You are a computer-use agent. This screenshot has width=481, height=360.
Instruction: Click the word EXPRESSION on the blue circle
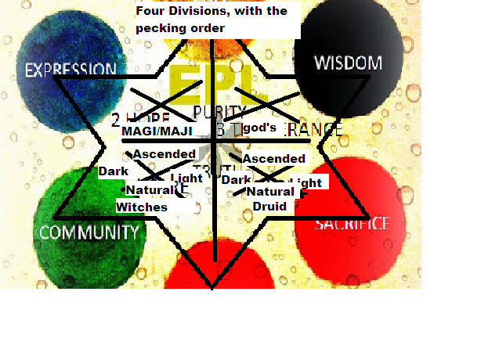[71, 70]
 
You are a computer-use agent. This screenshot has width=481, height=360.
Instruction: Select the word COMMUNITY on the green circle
[89, 232]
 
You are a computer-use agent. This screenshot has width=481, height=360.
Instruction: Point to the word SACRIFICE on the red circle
[352, 225]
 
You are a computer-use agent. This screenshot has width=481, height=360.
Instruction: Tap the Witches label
[142, 207]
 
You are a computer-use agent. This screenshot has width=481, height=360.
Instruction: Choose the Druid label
[269, 207]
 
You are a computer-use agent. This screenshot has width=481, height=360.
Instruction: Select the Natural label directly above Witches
[149, 190]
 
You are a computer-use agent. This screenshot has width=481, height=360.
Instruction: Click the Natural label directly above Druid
[270, 191]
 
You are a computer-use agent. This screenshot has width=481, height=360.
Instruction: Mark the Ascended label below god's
[273, 159]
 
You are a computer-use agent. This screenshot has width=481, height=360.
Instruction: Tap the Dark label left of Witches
[113, 171]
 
